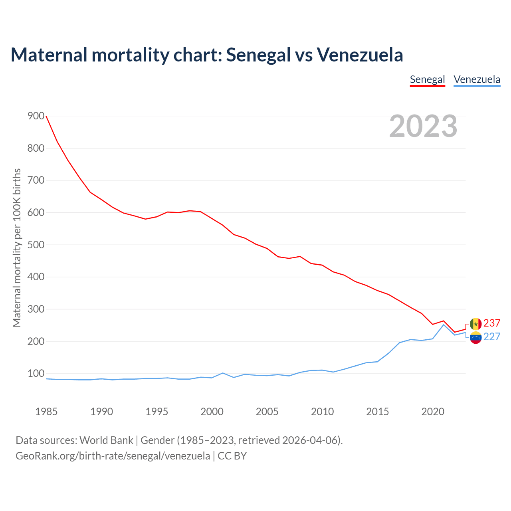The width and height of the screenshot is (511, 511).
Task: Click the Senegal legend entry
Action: coord(427,79)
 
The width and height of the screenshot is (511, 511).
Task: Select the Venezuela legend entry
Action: coord(477,79)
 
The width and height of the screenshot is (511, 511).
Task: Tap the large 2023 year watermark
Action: coord(423,126)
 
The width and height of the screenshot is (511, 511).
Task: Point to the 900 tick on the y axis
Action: coord(36,116)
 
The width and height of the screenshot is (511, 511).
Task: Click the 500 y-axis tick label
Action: coord(36,245)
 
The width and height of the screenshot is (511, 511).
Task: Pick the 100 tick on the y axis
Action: coord(36,374)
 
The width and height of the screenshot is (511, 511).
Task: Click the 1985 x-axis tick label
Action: coord(46,412)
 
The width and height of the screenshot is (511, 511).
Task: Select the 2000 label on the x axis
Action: coord(212,412)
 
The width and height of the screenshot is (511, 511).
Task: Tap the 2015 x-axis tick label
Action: coord(377,412)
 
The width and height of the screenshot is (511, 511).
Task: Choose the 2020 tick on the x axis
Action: coord(433,412)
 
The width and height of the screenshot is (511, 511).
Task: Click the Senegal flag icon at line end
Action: coord(475,324)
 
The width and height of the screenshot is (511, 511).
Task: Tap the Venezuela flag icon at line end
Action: coord(475,338)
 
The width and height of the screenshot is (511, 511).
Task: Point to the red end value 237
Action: coord(492,323)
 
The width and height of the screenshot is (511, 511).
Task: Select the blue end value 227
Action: coord(492,337)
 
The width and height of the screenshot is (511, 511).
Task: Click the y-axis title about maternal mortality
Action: coord(17,248)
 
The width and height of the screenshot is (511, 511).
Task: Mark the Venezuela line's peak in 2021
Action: coord(444,324)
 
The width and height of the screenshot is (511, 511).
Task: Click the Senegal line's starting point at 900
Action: coord(46,116)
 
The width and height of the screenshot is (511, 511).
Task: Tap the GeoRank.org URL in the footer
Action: coord(113,456)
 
